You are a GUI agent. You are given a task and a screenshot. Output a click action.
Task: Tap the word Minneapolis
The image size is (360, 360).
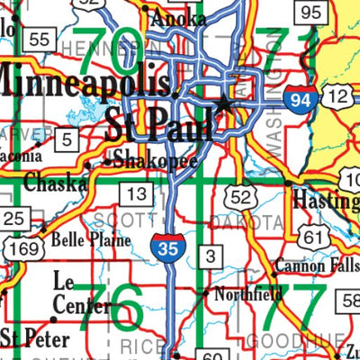click(x=86, y=83)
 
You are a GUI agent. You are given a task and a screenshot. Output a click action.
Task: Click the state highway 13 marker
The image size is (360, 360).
click(x=136, y=193)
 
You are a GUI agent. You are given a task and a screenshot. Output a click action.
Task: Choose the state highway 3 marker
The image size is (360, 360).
click(x=209, y=256)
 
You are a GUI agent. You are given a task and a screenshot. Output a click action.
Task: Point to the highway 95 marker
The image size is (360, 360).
click(x=311, y=12)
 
